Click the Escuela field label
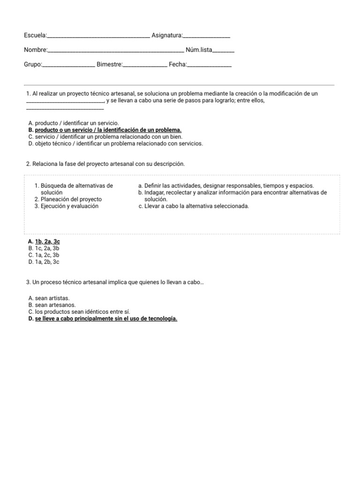tap(36, 35)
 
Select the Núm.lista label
tap(199, 50)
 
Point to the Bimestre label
tap(109, 64)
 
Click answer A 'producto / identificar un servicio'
tap(73, 123)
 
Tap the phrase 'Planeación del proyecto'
tap(71, 199)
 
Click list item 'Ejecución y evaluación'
tap(69, 206)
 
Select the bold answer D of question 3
tap(106, 319)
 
